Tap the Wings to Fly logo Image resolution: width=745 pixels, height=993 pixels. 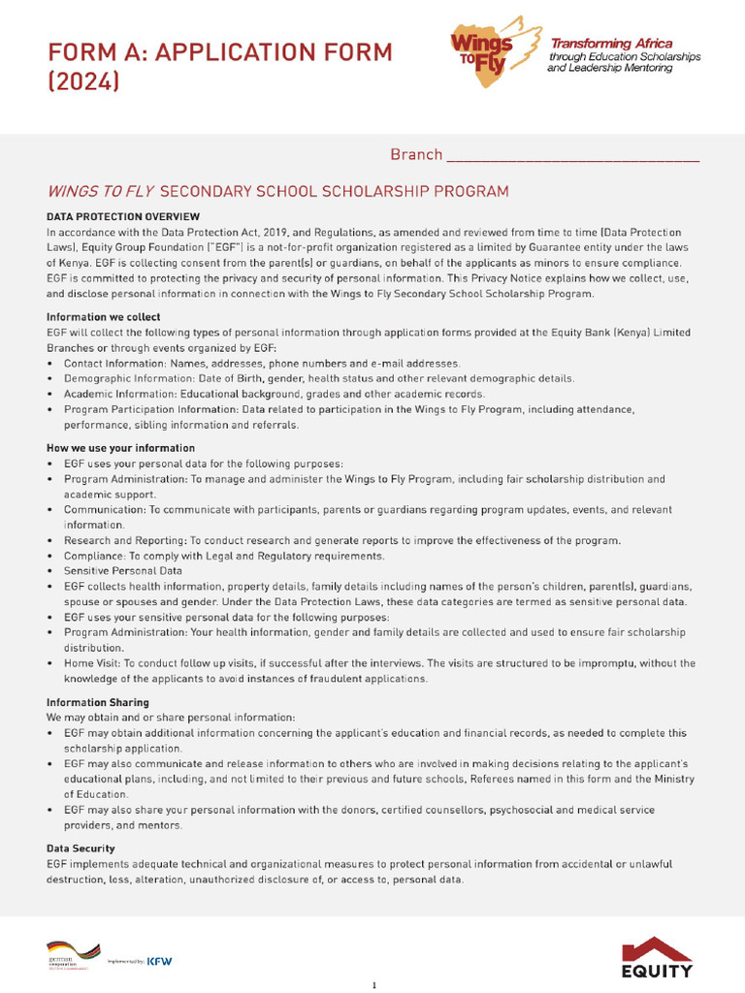click(x=492, y=51)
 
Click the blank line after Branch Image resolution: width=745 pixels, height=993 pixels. click(x=572, y=156)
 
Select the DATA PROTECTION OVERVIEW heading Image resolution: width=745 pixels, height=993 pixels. click(x=123, y=216)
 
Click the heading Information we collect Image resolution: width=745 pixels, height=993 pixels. click(x=104, y=317)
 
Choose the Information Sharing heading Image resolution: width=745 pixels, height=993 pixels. click(x=98, y=701)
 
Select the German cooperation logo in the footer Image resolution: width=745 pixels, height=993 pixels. click(x=73, y=955)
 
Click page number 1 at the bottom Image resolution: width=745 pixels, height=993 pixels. click(x=373, y=985)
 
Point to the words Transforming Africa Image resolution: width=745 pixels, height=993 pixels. click(x=611, y=44)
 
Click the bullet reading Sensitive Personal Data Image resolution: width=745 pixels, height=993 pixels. click(x=123, y=571)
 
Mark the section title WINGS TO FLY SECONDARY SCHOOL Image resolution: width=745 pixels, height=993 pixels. click(x=277, y=191)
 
